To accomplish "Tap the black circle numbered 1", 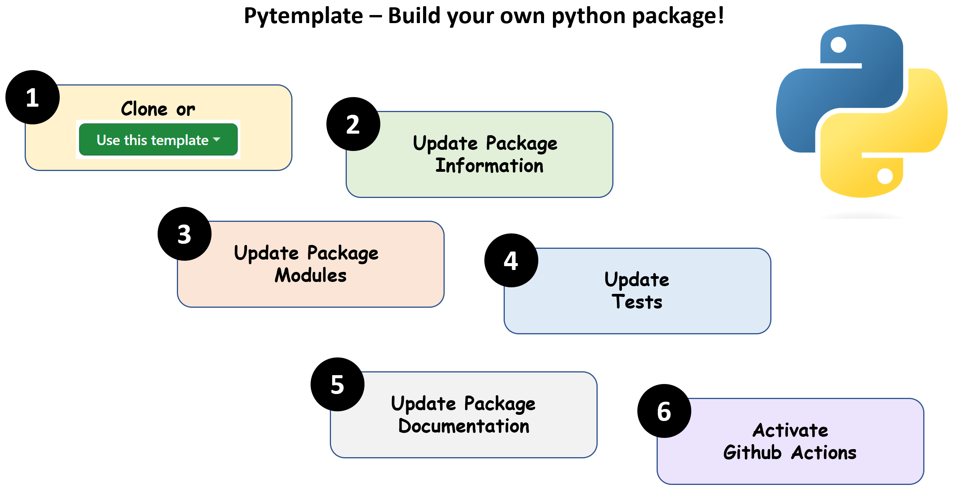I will pos(32,97).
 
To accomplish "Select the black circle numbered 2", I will pos(353,124).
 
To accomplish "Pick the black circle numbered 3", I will pos(184,234).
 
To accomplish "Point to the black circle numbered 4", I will pos(511,260).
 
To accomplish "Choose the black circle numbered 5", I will pos(337,384).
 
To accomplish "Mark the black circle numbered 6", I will pos(664,411).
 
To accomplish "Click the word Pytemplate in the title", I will pos(304,16).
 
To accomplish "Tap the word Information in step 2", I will pos(489,166).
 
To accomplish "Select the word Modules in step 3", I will pos(311,275).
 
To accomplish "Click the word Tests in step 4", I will pos(637,302).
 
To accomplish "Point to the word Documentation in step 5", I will pos(464,426).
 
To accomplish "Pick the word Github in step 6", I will pos(752,453).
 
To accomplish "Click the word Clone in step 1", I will pos(144,109).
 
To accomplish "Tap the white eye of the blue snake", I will pos(838,45).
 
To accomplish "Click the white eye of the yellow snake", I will pos(885,176).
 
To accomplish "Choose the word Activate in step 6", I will pos(790,430).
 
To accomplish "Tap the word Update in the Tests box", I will pos(637,280).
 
